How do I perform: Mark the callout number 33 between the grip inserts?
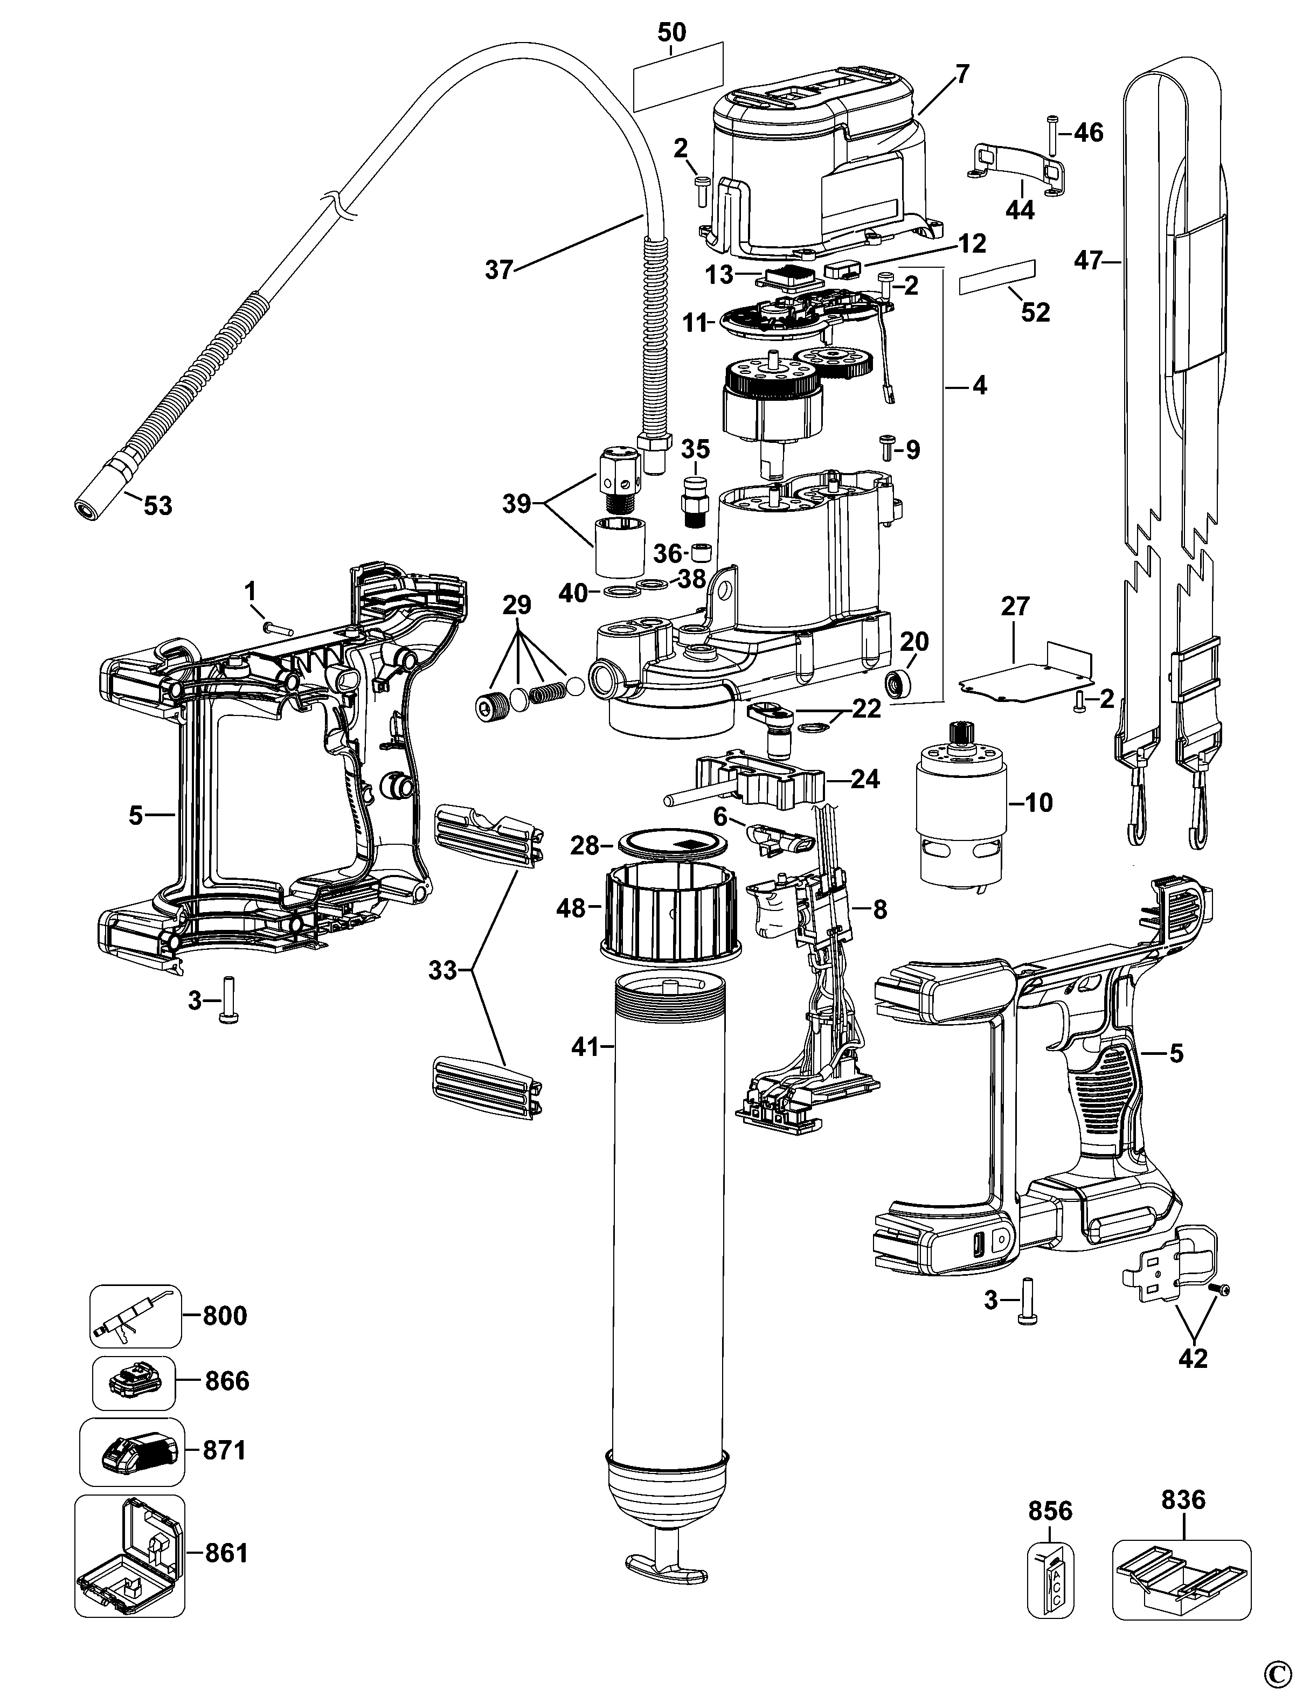point(443,970)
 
